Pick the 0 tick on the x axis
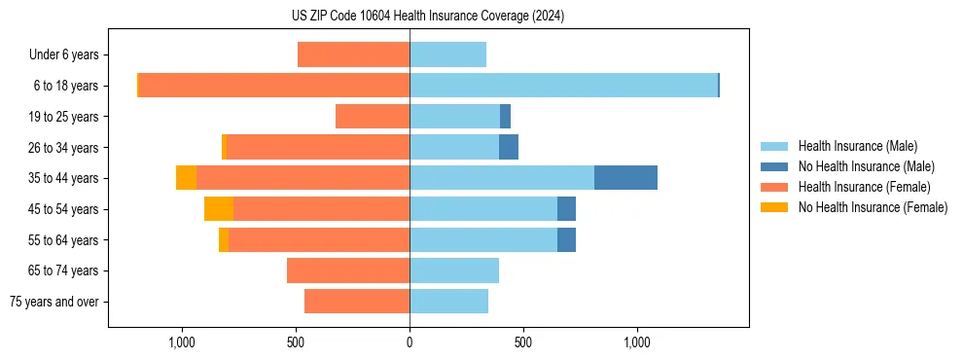pos(410,342)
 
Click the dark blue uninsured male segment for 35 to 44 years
pos(625,178)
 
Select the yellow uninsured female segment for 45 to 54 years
pos(219,209)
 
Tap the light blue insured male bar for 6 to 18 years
pos(563,86)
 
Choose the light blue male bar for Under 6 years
pos(447,55)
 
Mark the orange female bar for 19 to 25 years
pos(373,117)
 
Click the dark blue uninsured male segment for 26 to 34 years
pos(509,148)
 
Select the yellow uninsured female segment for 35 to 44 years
pos(186,178)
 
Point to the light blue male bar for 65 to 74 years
pos(454,270)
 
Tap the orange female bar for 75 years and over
pos(357,302)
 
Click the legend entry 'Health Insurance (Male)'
pos(857,146)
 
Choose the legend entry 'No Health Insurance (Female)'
pos(872,207)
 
